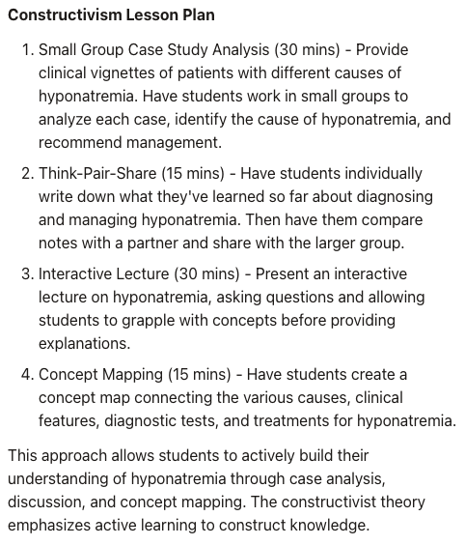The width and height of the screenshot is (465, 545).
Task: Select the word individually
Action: pos(381,174)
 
